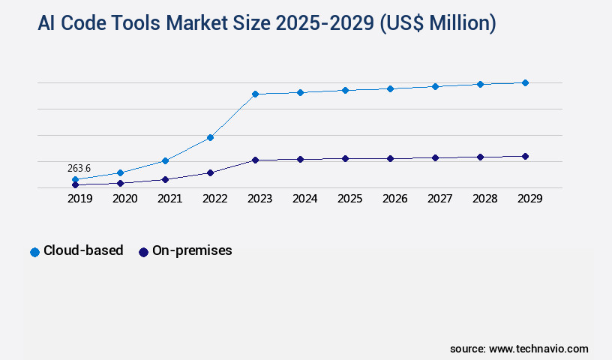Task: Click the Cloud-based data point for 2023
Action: point(255,94)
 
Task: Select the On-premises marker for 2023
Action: point(255,160)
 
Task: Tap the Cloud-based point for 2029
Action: point(525,82)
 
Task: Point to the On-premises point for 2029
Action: point(525,156)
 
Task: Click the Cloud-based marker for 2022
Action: point(210,137)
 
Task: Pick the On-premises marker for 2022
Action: point(210,172)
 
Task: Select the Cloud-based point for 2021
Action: point(165,160)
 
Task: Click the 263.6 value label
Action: point(79,168)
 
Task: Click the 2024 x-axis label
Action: point(304,199)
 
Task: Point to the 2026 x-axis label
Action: point(394,199)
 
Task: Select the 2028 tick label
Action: point(484,199)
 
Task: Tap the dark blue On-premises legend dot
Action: point(144,252)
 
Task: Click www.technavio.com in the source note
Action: point(538,349)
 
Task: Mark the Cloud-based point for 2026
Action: point(390,88)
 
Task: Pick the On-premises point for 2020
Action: point(120,183)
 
